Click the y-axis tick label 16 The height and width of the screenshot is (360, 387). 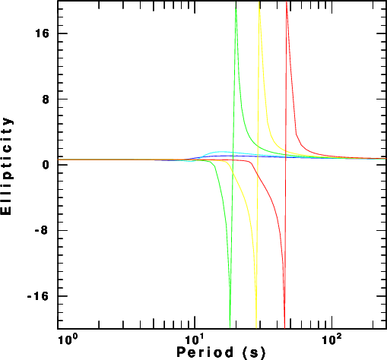(42, 33)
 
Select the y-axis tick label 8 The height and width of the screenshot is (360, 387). (46, 99)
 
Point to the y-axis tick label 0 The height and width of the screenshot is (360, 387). (46, 165)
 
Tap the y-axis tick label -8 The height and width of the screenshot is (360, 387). (42, 230)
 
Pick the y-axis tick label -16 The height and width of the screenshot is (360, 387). (38, 296)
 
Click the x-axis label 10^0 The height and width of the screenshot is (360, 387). (67, 339)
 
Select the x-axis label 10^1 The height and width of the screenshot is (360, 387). (195, 339)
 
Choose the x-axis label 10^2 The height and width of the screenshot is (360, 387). (331, 339)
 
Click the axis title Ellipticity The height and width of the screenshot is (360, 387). (6, 166)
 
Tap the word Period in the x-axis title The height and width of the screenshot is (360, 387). (205, 352)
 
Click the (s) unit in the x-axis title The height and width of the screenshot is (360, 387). (254, 353)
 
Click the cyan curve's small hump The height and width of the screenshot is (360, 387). (220, 152)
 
